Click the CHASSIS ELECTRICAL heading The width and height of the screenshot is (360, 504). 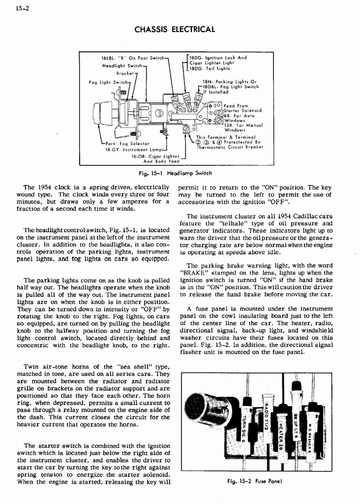(175, 30)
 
